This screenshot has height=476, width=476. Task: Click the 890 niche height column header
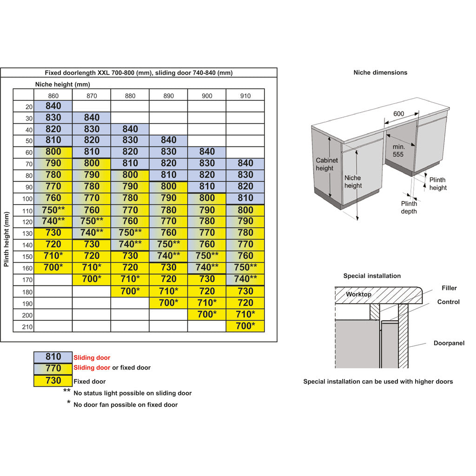[x=168, y=96]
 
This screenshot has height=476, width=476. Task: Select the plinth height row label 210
[x=27, y=327]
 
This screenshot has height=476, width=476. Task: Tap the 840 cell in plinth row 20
[x=53, y=106]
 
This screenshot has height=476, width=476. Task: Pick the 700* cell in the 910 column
[x=245, y=326]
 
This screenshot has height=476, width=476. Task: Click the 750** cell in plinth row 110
[x=53, y=210]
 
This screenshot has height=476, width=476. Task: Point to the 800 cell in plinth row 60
[x=53, y=152]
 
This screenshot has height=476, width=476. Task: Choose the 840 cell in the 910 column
[x=245, y=163]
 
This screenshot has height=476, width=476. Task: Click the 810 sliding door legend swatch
[x=53, y=357]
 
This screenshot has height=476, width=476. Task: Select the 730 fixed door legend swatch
[x=53, y=381]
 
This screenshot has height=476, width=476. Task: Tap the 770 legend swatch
[x=53, y=369]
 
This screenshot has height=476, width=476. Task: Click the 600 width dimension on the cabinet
[x=398, y=114]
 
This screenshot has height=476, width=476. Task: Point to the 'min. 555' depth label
[x=398, y=151]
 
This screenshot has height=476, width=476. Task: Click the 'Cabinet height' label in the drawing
[x=327, y=164]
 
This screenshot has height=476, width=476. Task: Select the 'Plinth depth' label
[x=409, y=207]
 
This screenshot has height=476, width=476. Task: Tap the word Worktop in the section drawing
[x=358, y=294]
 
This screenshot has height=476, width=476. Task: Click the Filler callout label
[x=449, y=288]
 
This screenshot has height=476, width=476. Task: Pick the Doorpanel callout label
[x=449, y=343]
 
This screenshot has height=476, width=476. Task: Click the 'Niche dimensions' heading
[x=380, y=73]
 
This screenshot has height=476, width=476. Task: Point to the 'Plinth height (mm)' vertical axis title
[x=7, y=239]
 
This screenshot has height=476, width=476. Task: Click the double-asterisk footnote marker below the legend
[x=67, y=390]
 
